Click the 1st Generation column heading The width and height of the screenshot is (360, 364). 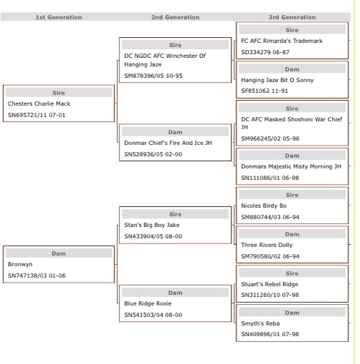[59, 17]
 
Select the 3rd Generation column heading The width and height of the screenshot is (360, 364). [292, 17]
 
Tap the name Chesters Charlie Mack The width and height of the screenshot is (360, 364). [39, 103]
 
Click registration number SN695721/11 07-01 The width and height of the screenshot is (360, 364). [36, 115]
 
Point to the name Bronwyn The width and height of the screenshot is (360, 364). [20, 264]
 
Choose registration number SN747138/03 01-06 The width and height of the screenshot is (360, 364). [36, 275]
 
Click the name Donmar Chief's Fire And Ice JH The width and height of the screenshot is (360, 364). [168, 143]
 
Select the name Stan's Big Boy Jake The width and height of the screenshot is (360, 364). [152, 225]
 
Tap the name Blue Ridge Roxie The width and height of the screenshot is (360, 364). [148, 303]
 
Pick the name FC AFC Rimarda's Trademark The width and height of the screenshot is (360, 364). [281, 41]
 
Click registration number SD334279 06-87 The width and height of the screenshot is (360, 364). [265, 52]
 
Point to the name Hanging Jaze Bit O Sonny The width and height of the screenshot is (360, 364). [277, 80]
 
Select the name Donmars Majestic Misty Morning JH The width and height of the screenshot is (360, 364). [291, 166]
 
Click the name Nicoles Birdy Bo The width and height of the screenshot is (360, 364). [264, 206]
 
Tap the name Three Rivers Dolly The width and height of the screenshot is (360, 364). [266, 245]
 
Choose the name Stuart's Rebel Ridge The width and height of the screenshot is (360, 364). [269, 284]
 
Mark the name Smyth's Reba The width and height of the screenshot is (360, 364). [260, 323]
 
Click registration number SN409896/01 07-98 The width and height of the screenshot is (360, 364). [270, 334]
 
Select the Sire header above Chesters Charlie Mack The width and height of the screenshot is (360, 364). [59, 93]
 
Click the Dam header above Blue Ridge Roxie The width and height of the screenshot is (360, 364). [175, 293]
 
